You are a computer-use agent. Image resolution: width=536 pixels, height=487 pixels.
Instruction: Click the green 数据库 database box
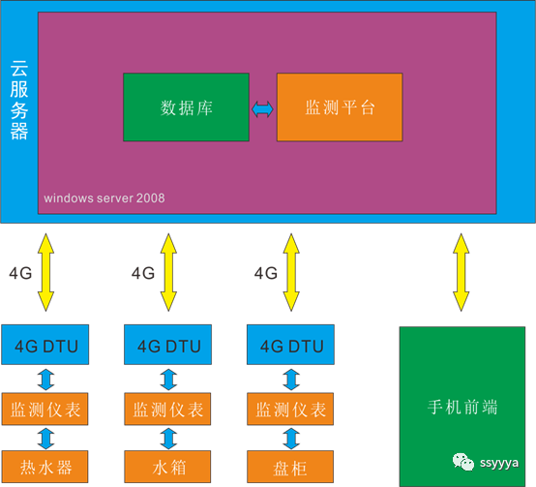186,107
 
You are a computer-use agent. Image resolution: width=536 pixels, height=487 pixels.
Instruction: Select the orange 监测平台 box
340,107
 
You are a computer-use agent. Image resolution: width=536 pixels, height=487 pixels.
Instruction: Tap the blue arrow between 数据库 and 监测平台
262,109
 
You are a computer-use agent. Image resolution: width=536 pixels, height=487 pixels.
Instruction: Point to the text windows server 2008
104,198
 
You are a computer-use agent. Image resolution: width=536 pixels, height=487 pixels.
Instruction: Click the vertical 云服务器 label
19,100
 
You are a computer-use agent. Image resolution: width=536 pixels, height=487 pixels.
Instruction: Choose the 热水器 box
45,467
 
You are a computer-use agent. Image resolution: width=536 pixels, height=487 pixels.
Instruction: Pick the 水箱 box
167,467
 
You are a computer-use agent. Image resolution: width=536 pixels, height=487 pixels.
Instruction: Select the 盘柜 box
290,467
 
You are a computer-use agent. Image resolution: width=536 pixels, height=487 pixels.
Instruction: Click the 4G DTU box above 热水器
45,345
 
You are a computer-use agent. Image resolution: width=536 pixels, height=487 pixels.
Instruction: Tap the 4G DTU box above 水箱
167,345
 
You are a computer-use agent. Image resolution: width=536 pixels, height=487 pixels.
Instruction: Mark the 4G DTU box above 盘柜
290,345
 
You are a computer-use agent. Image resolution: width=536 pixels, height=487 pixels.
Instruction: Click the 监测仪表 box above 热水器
45,409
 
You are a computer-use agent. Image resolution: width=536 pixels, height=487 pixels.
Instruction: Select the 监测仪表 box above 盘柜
290,409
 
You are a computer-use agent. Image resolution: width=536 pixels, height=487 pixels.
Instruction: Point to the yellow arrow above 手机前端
462,273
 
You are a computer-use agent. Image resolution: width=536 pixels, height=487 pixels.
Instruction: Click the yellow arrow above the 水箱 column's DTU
168,273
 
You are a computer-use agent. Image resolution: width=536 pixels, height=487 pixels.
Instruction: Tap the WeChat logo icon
463,462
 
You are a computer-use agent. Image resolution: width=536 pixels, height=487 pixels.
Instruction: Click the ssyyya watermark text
499,464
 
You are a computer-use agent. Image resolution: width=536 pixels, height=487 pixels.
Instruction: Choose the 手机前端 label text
462,407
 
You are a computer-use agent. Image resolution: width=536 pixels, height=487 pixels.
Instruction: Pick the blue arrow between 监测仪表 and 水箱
168,438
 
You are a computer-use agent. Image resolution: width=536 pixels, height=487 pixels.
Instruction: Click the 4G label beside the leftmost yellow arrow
20,273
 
